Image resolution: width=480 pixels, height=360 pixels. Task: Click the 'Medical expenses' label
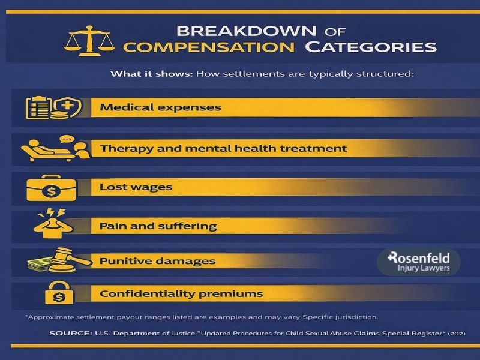[x=160, y=108]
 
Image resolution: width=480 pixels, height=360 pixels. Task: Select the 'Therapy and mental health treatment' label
[x=223, y=148]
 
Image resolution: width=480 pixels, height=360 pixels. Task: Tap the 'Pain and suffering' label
[x=158, y=227]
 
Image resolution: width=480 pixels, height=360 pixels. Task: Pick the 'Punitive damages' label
[x=157, y=262]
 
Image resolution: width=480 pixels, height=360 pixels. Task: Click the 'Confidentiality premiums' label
[x=181, y=294]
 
